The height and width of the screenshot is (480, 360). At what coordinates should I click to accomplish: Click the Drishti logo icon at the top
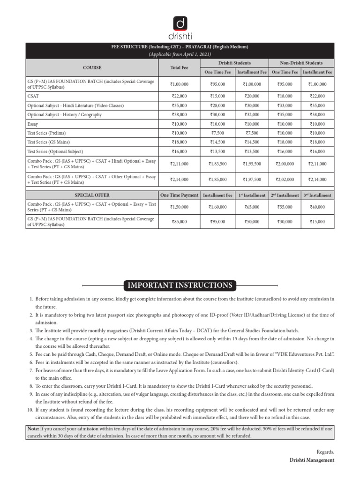click(180, 23)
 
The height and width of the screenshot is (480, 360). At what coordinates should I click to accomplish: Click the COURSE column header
click(92, 67)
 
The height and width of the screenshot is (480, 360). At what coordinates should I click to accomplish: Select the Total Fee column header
click(179, 67)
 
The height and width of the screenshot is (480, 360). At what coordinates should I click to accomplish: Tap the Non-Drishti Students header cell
click(301, 63)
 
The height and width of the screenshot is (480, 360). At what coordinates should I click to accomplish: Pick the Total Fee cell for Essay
click(179, 124)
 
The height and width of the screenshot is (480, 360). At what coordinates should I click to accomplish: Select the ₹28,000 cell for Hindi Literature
click(217, 105)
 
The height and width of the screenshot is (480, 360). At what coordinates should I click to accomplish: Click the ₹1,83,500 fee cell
click(217, 164)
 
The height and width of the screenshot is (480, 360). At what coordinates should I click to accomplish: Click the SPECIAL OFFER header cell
click(92, 195)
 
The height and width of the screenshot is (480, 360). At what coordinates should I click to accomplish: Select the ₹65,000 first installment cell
click(251, 207)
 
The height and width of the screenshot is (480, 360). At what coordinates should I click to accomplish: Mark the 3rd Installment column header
click(317, 195)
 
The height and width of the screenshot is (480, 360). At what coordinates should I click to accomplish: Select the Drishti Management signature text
click(312, 460)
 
